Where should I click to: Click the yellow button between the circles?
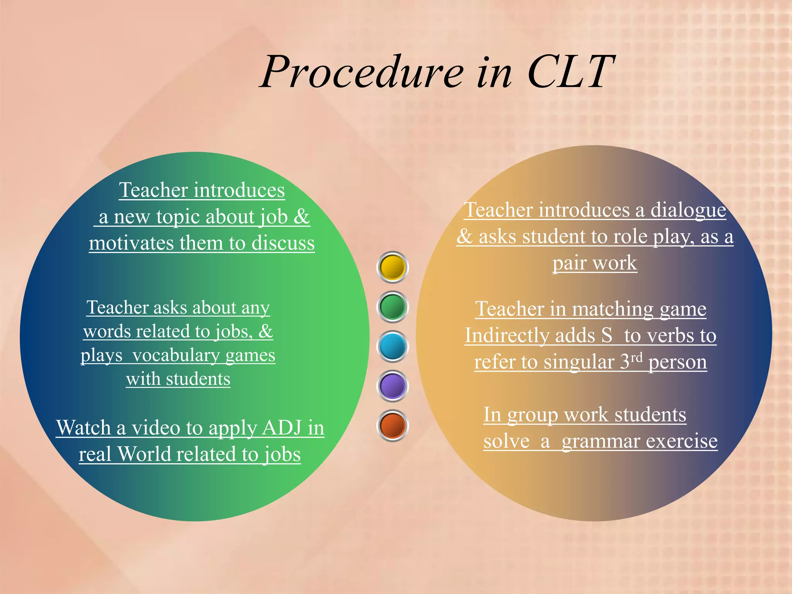(x=393, y=267)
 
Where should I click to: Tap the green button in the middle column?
(x=393, y=307)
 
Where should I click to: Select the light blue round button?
(x=393, y=346)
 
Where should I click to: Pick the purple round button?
(x=393, y=386)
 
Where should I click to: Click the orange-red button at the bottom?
(x=393, y=425)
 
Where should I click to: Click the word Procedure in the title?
(x=362, y=72)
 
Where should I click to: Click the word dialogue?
(x=688, y=210)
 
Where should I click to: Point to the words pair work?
(x=594, y=263)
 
